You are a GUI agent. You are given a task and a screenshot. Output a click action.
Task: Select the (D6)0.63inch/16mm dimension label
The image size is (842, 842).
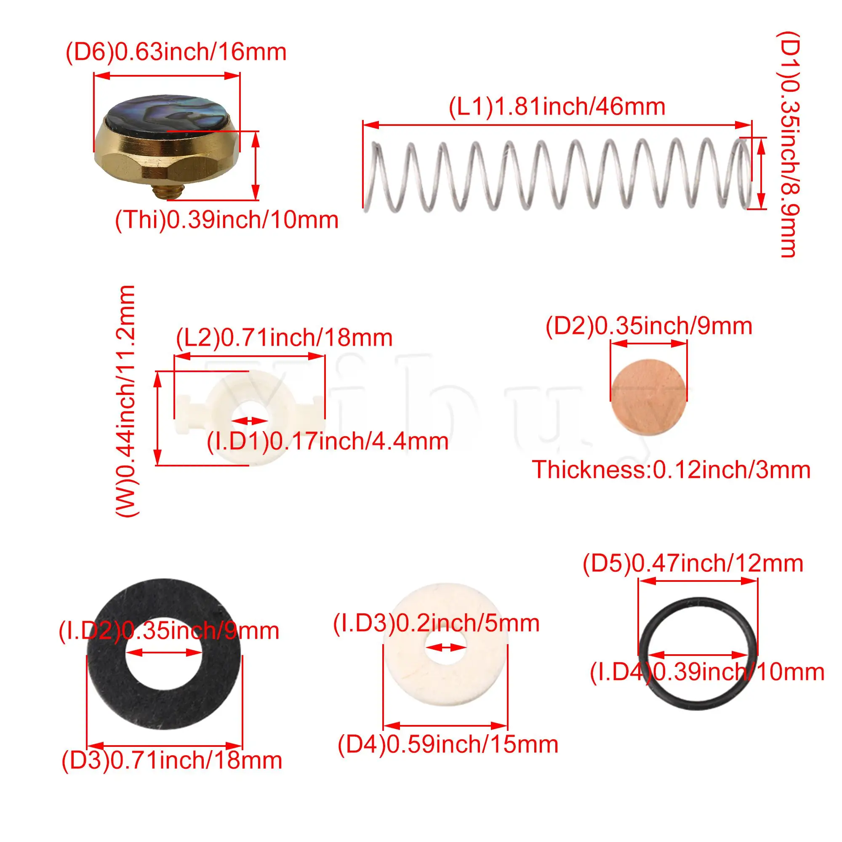[176, 52]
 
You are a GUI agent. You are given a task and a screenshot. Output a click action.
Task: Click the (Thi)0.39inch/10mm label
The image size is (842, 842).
[226, 220]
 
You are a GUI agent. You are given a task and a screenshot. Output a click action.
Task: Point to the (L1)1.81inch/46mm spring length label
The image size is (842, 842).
[557, 107]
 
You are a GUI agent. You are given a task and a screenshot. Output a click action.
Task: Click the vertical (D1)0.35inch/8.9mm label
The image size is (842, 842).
[789, 144]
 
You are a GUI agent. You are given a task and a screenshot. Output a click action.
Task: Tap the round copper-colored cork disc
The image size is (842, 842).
[648, 396]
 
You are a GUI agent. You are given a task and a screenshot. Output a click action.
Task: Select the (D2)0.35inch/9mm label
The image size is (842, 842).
[649, 326]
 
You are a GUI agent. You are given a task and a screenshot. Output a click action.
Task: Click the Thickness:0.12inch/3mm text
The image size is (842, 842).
[671, 470]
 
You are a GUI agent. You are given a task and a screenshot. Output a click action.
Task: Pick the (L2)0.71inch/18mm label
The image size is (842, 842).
[284, 338]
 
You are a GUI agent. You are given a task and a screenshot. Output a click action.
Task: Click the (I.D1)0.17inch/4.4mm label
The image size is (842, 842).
[328, 442]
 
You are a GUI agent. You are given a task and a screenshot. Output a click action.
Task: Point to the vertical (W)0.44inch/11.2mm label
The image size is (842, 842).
[126, 401]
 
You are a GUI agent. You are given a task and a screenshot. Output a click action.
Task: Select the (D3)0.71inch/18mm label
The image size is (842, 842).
[172, 760]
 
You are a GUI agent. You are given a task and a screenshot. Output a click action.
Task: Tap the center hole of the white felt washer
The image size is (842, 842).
[445, 648]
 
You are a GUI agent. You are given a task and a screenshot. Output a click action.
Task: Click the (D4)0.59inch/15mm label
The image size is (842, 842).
[448, 744]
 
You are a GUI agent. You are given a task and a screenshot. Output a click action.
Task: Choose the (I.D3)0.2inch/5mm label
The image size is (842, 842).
[436, 623]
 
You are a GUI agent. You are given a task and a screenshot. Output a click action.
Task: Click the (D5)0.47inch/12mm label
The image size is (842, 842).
[693, 564]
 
